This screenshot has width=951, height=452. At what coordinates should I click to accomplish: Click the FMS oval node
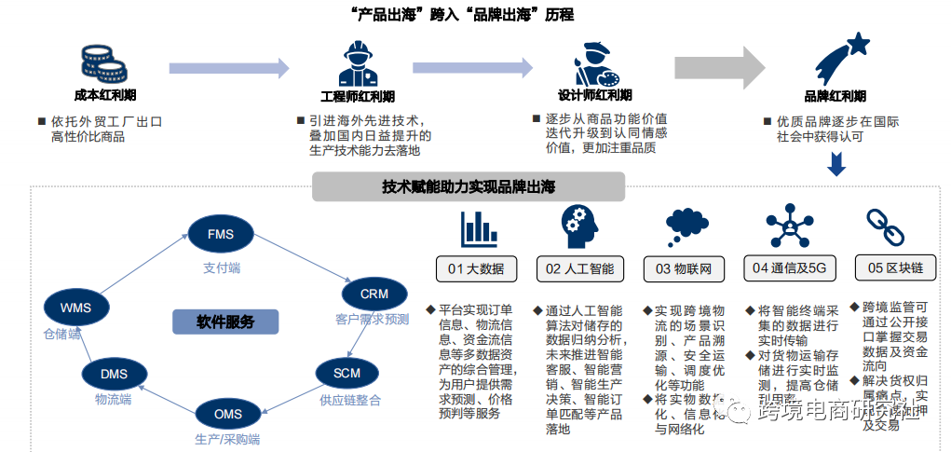(221, 233)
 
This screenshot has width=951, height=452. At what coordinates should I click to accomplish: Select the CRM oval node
(374, 294)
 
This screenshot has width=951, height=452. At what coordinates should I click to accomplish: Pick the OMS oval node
(227, 414)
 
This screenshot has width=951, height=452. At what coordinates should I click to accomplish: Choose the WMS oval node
(75, 307)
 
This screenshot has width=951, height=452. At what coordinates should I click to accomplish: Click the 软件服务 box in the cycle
(224, 322)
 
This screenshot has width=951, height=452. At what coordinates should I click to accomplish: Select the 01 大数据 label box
(476, 269)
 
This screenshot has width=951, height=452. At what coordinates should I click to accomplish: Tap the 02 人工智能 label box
(580, 269)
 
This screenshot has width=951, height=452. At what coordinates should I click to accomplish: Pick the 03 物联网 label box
(684, 269)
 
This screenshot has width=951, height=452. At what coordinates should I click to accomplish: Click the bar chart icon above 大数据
(478, 228)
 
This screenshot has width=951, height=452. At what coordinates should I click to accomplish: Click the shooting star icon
(841, 59)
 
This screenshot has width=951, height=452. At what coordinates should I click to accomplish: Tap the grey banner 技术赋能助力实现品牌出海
(468, 187)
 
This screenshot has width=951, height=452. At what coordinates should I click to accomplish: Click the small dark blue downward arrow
(836, 165)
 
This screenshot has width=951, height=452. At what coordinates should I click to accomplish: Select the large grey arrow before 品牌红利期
(718, 67)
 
